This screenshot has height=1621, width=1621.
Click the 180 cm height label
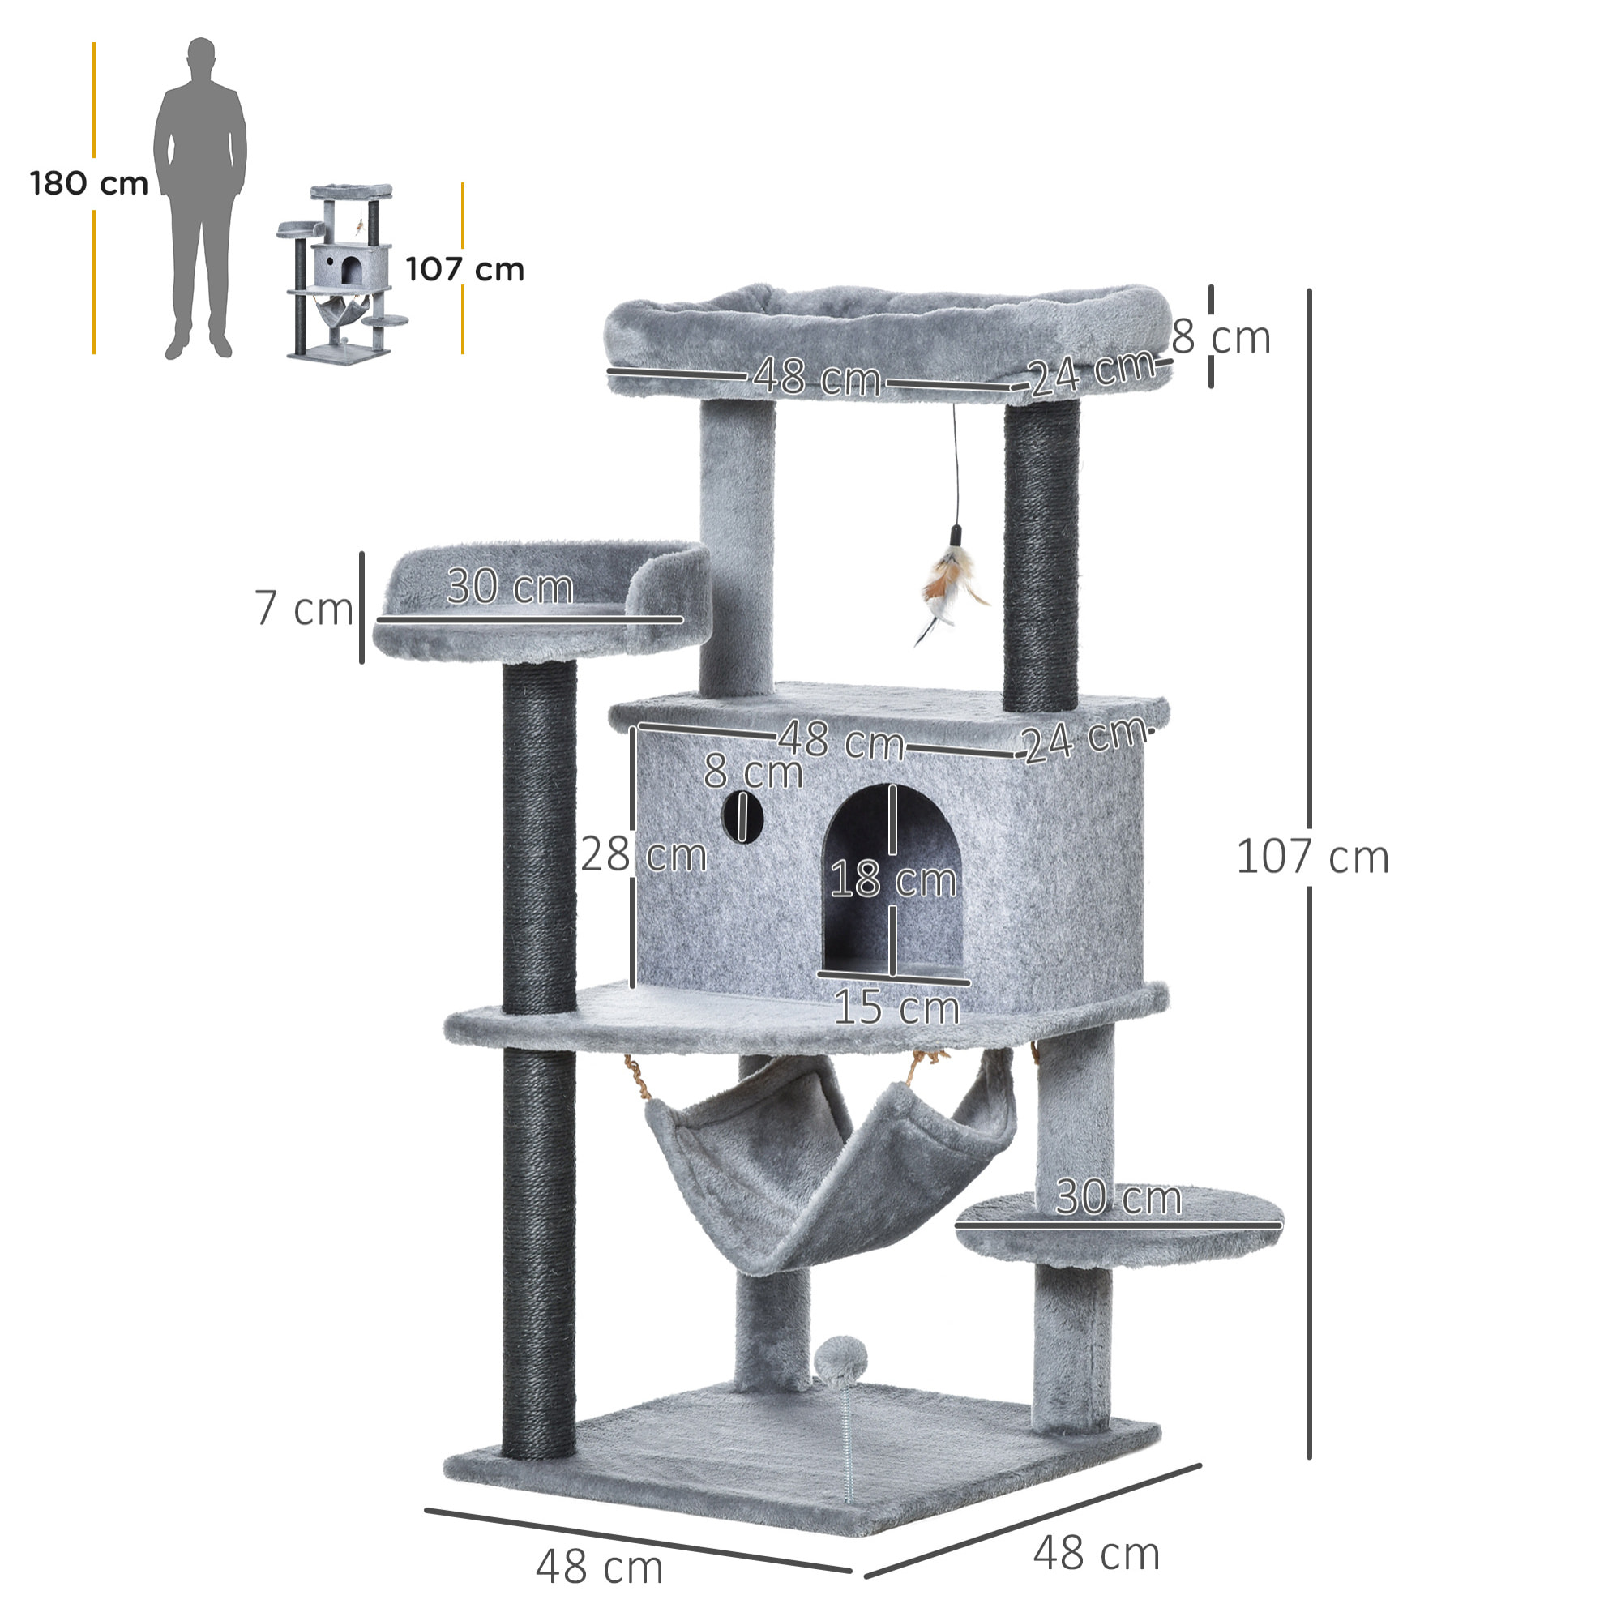click(89, 184)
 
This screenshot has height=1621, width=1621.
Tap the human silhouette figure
click(199, 197)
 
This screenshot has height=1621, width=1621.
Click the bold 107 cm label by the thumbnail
click(464, 269)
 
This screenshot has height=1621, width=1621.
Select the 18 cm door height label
click(892, 880)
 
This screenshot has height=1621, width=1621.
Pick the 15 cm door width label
click(896, 1007)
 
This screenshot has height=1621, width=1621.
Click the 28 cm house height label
click(644, 855)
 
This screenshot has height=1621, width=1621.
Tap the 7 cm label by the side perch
click(304, 609)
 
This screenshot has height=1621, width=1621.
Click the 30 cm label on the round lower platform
click(1118, 1197)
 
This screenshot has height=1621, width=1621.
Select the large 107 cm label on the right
click(1313, 857)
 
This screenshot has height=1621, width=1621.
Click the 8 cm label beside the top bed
click(1221, 337)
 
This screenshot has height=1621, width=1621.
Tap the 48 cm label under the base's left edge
click(599, 1568)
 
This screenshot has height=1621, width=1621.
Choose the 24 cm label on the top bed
click(1091, 371)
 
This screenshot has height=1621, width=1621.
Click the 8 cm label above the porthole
click(753, 771)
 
